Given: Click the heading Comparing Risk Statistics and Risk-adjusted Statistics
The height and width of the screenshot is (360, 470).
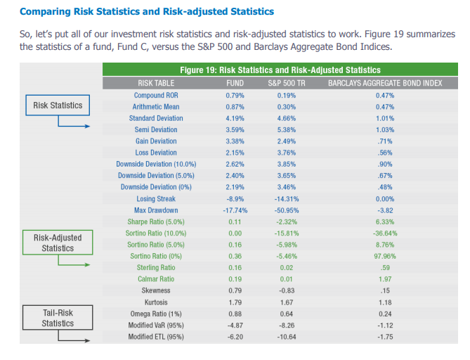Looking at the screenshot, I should pos(147,12).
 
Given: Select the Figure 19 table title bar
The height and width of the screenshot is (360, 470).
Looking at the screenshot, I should pos(280,70).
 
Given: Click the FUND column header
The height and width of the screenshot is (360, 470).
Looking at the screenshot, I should pos(235,83).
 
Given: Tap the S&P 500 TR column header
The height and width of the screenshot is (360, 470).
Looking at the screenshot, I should pos(287,83).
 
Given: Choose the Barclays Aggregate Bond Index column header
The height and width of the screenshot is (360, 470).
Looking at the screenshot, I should pos(385,83).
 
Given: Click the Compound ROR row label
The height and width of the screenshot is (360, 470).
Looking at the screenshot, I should pos(156,95).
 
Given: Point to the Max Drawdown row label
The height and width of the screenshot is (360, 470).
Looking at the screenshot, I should pos(156,210).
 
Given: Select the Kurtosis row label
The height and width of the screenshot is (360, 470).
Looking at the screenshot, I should pos(156,302).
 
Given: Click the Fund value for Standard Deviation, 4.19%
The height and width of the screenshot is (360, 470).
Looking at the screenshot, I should pos(235,118).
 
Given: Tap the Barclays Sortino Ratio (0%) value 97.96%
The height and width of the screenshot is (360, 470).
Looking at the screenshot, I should pos(385,256).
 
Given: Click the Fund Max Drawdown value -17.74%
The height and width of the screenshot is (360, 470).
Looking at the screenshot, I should pos(235,210).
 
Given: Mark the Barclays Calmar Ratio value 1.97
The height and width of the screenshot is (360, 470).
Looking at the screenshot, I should pos(385,279).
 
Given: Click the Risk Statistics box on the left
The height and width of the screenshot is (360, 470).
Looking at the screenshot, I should pos(58,106).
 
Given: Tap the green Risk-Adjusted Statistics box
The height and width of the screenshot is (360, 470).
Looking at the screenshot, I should pos(58,243).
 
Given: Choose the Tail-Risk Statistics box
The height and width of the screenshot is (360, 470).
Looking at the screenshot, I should pos(58,318).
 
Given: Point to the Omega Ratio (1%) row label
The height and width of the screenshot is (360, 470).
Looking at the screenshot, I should pos(156,314).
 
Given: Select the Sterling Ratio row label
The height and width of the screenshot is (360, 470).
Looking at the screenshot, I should pos(156,268).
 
